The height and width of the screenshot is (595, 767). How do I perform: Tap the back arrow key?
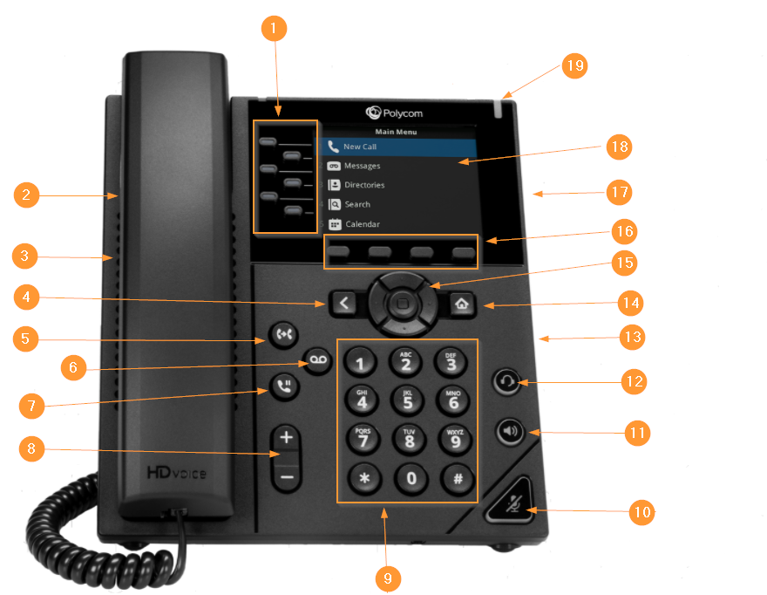tap(343, 304)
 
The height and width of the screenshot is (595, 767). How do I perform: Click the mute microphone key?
tap(511, 501)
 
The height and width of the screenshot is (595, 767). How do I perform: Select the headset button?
tap(506, 381)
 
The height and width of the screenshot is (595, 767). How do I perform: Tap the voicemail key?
tap(318, 360)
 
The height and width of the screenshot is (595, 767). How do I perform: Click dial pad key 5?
tap(408, 400)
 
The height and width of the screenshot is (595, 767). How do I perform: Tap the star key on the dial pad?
tap(364, 478)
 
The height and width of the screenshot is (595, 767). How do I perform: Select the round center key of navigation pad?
tap(403, 304)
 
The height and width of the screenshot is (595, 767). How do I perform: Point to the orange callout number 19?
tap(574, 65)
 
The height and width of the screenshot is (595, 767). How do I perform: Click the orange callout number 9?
tap(388, 578)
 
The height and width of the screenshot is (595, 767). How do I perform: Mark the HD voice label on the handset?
tap(177, 473)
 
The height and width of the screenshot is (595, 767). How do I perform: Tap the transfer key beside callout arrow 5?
tap(283, 335)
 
